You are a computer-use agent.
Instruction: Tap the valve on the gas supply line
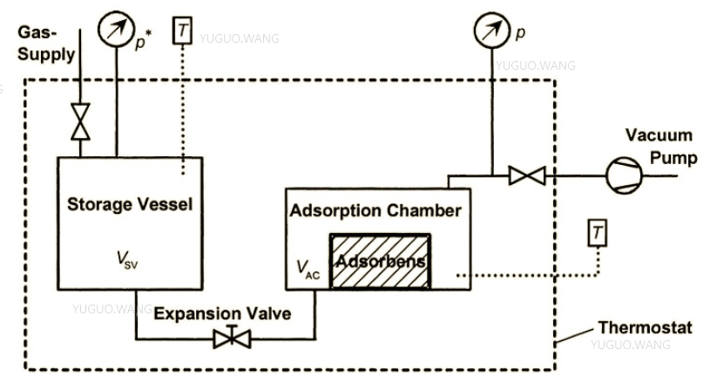[x=81, y=121]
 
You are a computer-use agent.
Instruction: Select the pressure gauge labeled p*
[x=114, y=30]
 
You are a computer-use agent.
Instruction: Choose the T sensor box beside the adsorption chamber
[x=597, y=233]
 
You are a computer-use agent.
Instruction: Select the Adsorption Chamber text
[x=375, y=210]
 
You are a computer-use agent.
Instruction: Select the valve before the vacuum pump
[x=526, y=176]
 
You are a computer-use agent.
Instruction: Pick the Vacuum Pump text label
[x=660, y=147]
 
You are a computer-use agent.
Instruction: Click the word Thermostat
[x=645, y=328]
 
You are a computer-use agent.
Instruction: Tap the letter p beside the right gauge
[x=520, y=33]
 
